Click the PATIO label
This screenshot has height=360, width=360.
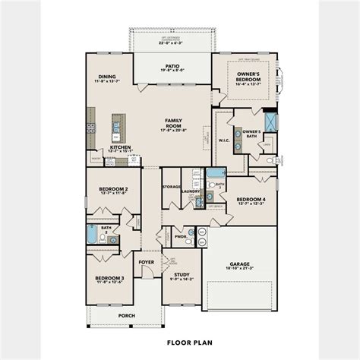coord(172,66)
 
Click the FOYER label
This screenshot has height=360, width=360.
coord(146,262)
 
